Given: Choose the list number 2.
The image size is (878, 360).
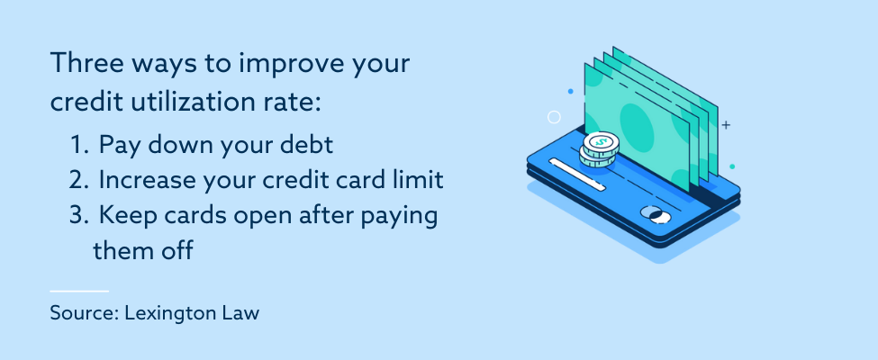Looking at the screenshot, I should click(78, 180).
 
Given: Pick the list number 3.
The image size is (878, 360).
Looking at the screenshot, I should click(78, 217).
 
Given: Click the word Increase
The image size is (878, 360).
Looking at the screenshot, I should click(144, 180).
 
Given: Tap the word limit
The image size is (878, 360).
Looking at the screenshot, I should click(421, 180).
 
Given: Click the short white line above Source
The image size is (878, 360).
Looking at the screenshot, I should click(79, 292).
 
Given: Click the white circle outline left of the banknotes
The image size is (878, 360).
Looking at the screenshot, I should click(555, 117).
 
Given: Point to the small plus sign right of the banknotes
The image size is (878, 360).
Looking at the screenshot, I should click(726, 125).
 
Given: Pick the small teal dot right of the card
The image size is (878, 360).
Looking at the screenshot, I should click(732, 166).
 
